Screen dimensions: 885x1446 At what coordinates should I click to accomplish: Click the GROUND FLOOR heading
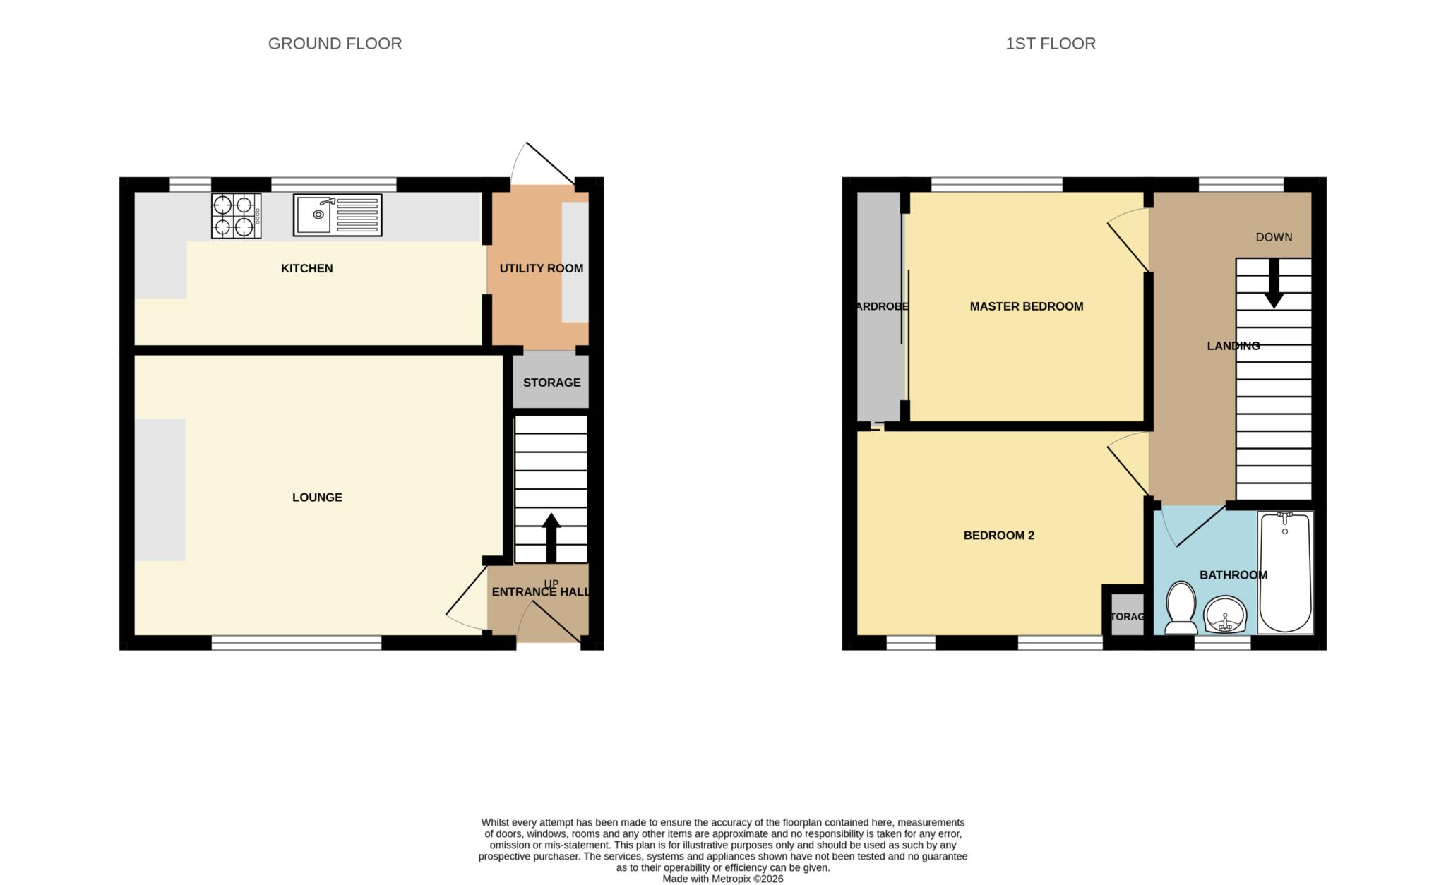335,44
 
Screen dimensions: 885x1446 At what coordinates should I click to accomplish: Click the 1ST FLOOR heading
1050,44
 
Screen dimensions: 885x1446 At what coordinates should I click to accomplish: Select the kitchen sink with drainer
337,215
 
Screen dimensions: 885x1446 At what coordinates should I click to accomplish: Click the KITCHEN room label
306,268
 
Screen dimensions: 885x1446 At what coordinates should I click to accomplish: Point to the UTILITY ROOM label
541,268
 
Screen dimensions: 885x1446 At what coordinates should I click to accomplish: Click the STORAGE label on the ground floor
551,383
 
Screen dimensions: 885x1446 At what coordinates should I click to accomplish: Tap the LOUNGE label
317,498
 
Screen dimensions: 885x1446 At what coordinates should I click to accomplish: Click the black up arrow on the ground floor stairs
551,536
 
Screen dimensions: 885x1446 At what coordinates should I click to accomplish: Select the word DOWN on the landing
1274,237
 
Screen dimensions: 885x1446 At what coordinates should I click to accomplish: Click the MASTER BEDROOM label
1026,306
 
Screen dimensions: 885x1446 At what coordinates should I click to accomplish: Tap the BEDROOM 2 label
998,536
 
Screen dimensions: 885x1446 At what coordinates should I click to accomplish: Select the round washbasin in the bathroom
1226,614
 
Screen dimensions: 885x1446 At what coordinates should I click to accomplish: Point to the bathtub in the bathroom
1285,572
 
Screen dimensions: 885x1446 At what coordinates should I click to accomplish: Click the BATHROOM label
1233,575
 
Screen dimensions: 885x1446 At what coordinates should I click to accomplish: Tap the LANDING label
1233,346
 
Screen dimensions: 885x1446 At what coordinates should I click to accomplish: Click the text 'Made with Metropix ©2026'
722,879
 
